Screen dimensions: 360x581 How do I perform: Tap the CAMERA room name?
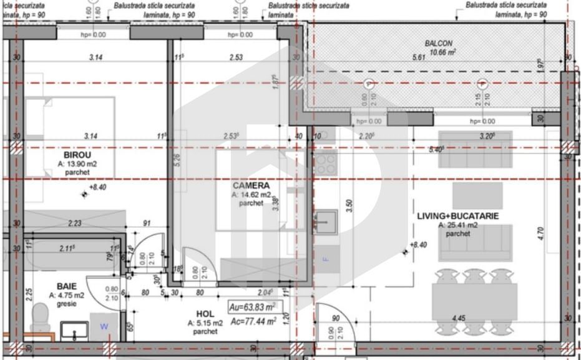point(251,185)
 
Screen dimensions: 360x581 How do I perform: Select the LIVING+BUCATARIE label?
point(458,216)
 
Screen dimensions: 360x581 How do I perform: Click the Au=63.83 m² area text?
point(253,307)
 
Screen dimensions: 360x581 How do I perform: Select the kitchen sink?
point(325,220)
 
